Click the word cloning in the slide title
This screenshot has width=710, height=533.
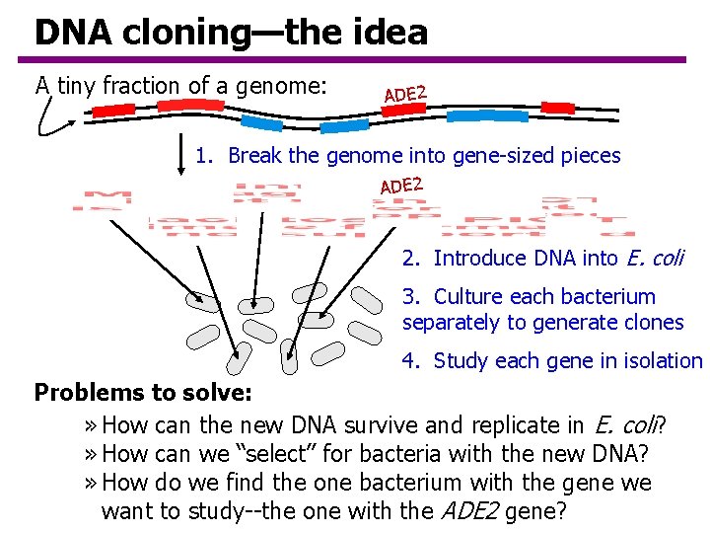coord(185,33)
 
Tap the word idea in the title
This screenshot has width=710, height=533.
coord(390,33)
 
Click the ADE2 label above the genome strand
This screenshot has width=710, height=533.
coord(404,94)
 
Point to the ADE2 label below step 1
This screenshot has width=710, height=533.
coord(401,185)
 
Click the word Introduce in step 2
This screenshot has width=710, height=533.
coord(477,259)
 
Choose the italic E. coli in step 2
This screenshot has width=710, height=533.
coord(654,259)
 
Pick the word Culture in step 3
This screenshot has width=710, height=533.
coord(468,297)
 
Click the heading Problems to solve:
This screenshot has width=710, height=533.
coord(144,393)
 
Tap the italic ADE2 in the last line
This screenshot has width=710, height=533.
coord(465,511)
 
